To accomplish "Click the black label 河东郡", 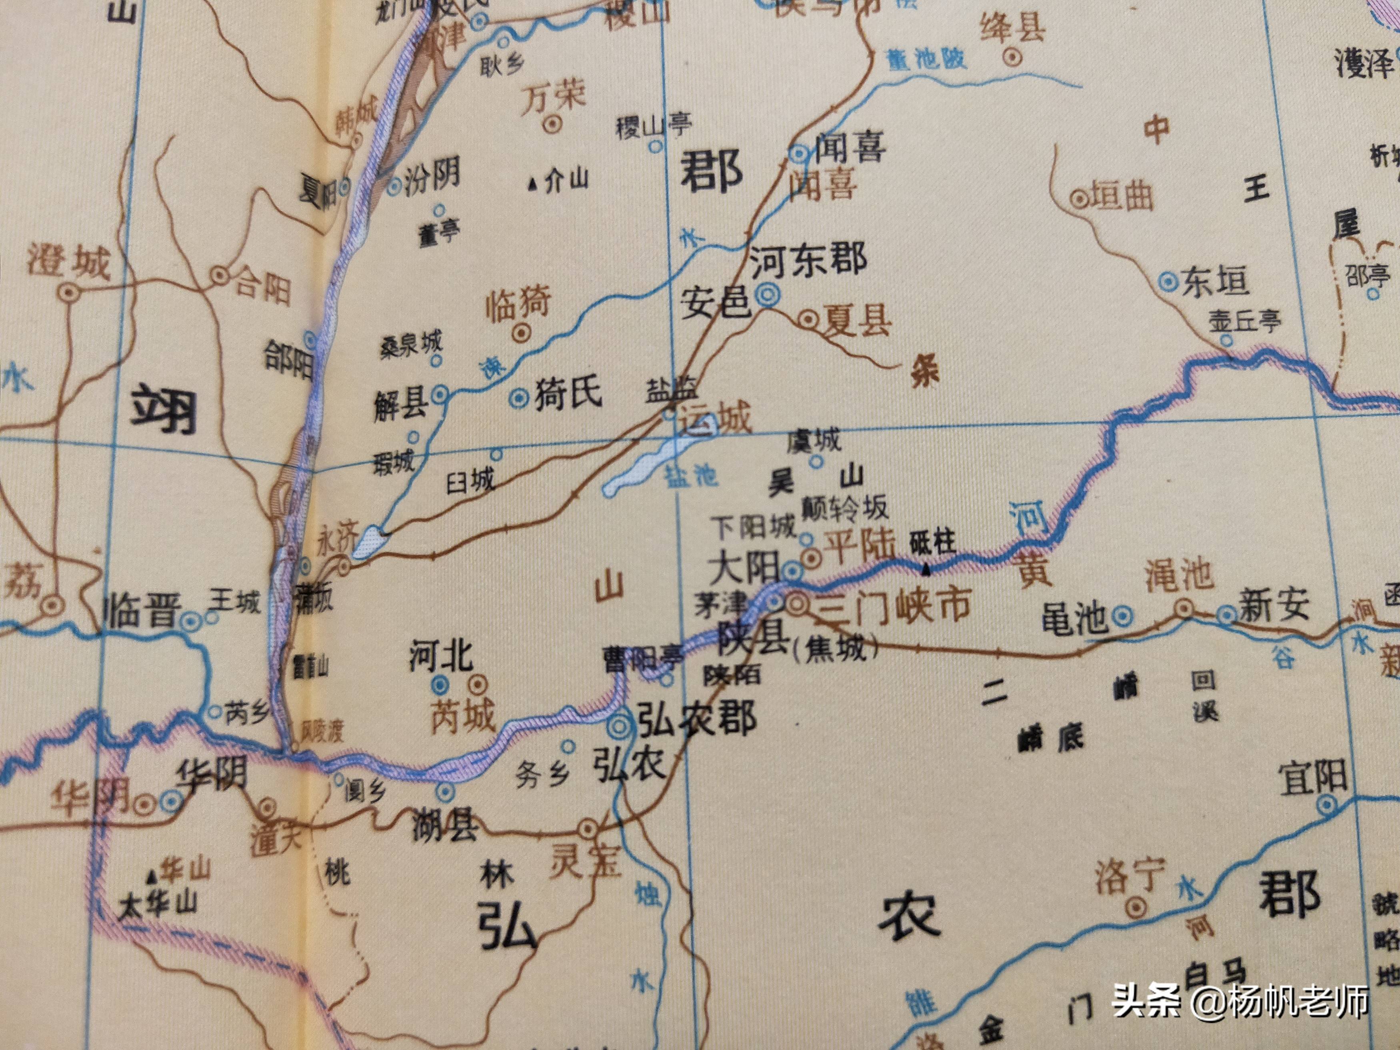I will [x=808, y=260].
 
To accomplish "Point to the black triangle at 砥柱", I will [x=926, y=571].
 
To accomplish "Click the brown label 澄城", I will [x=68, y=263].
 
